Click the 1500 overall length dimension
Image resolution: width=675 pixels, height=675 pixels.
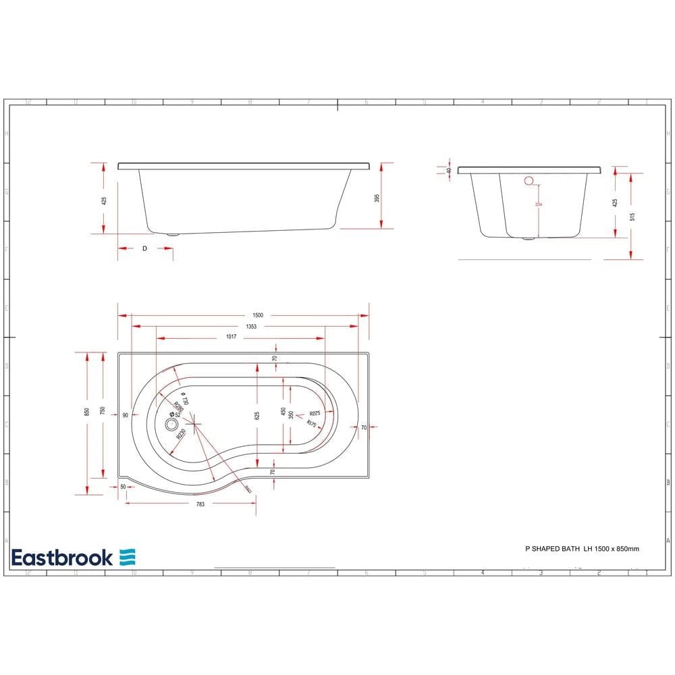coord(257,315)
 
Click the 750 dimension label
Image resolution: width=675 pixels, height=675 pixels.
coord(103,411)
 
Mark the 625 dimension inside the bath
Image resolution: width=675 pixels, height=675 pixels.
coord(257,416)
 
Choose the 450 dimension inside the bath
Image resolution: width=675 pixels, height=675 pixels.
coord(283,411)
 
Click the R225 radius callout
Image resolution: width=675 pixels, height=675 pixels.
coord(315,413)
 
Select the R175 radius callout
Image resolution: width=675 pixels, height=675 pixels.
coord(312,423)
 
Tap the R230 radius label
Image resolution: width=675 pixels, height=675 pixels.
coord(182,436)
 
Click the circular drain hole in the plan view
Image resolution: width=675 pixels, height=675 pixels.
coord(171,425)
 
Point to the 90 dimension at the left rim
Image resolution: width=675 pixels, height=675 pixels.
coord(126,416)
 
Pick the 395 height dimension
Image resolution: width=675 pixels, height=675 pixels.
coord(377,198)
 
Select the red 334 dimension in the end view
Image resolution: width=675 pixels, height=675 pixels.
coord(538,205)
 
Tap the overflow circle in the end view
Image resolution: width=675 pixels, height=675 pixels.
coord(529,180)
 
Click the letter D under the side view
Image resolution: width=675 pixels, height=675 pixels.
coord(144,249)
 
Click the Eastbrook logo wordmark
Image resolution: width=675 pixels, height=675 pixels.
coord(62,558)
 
